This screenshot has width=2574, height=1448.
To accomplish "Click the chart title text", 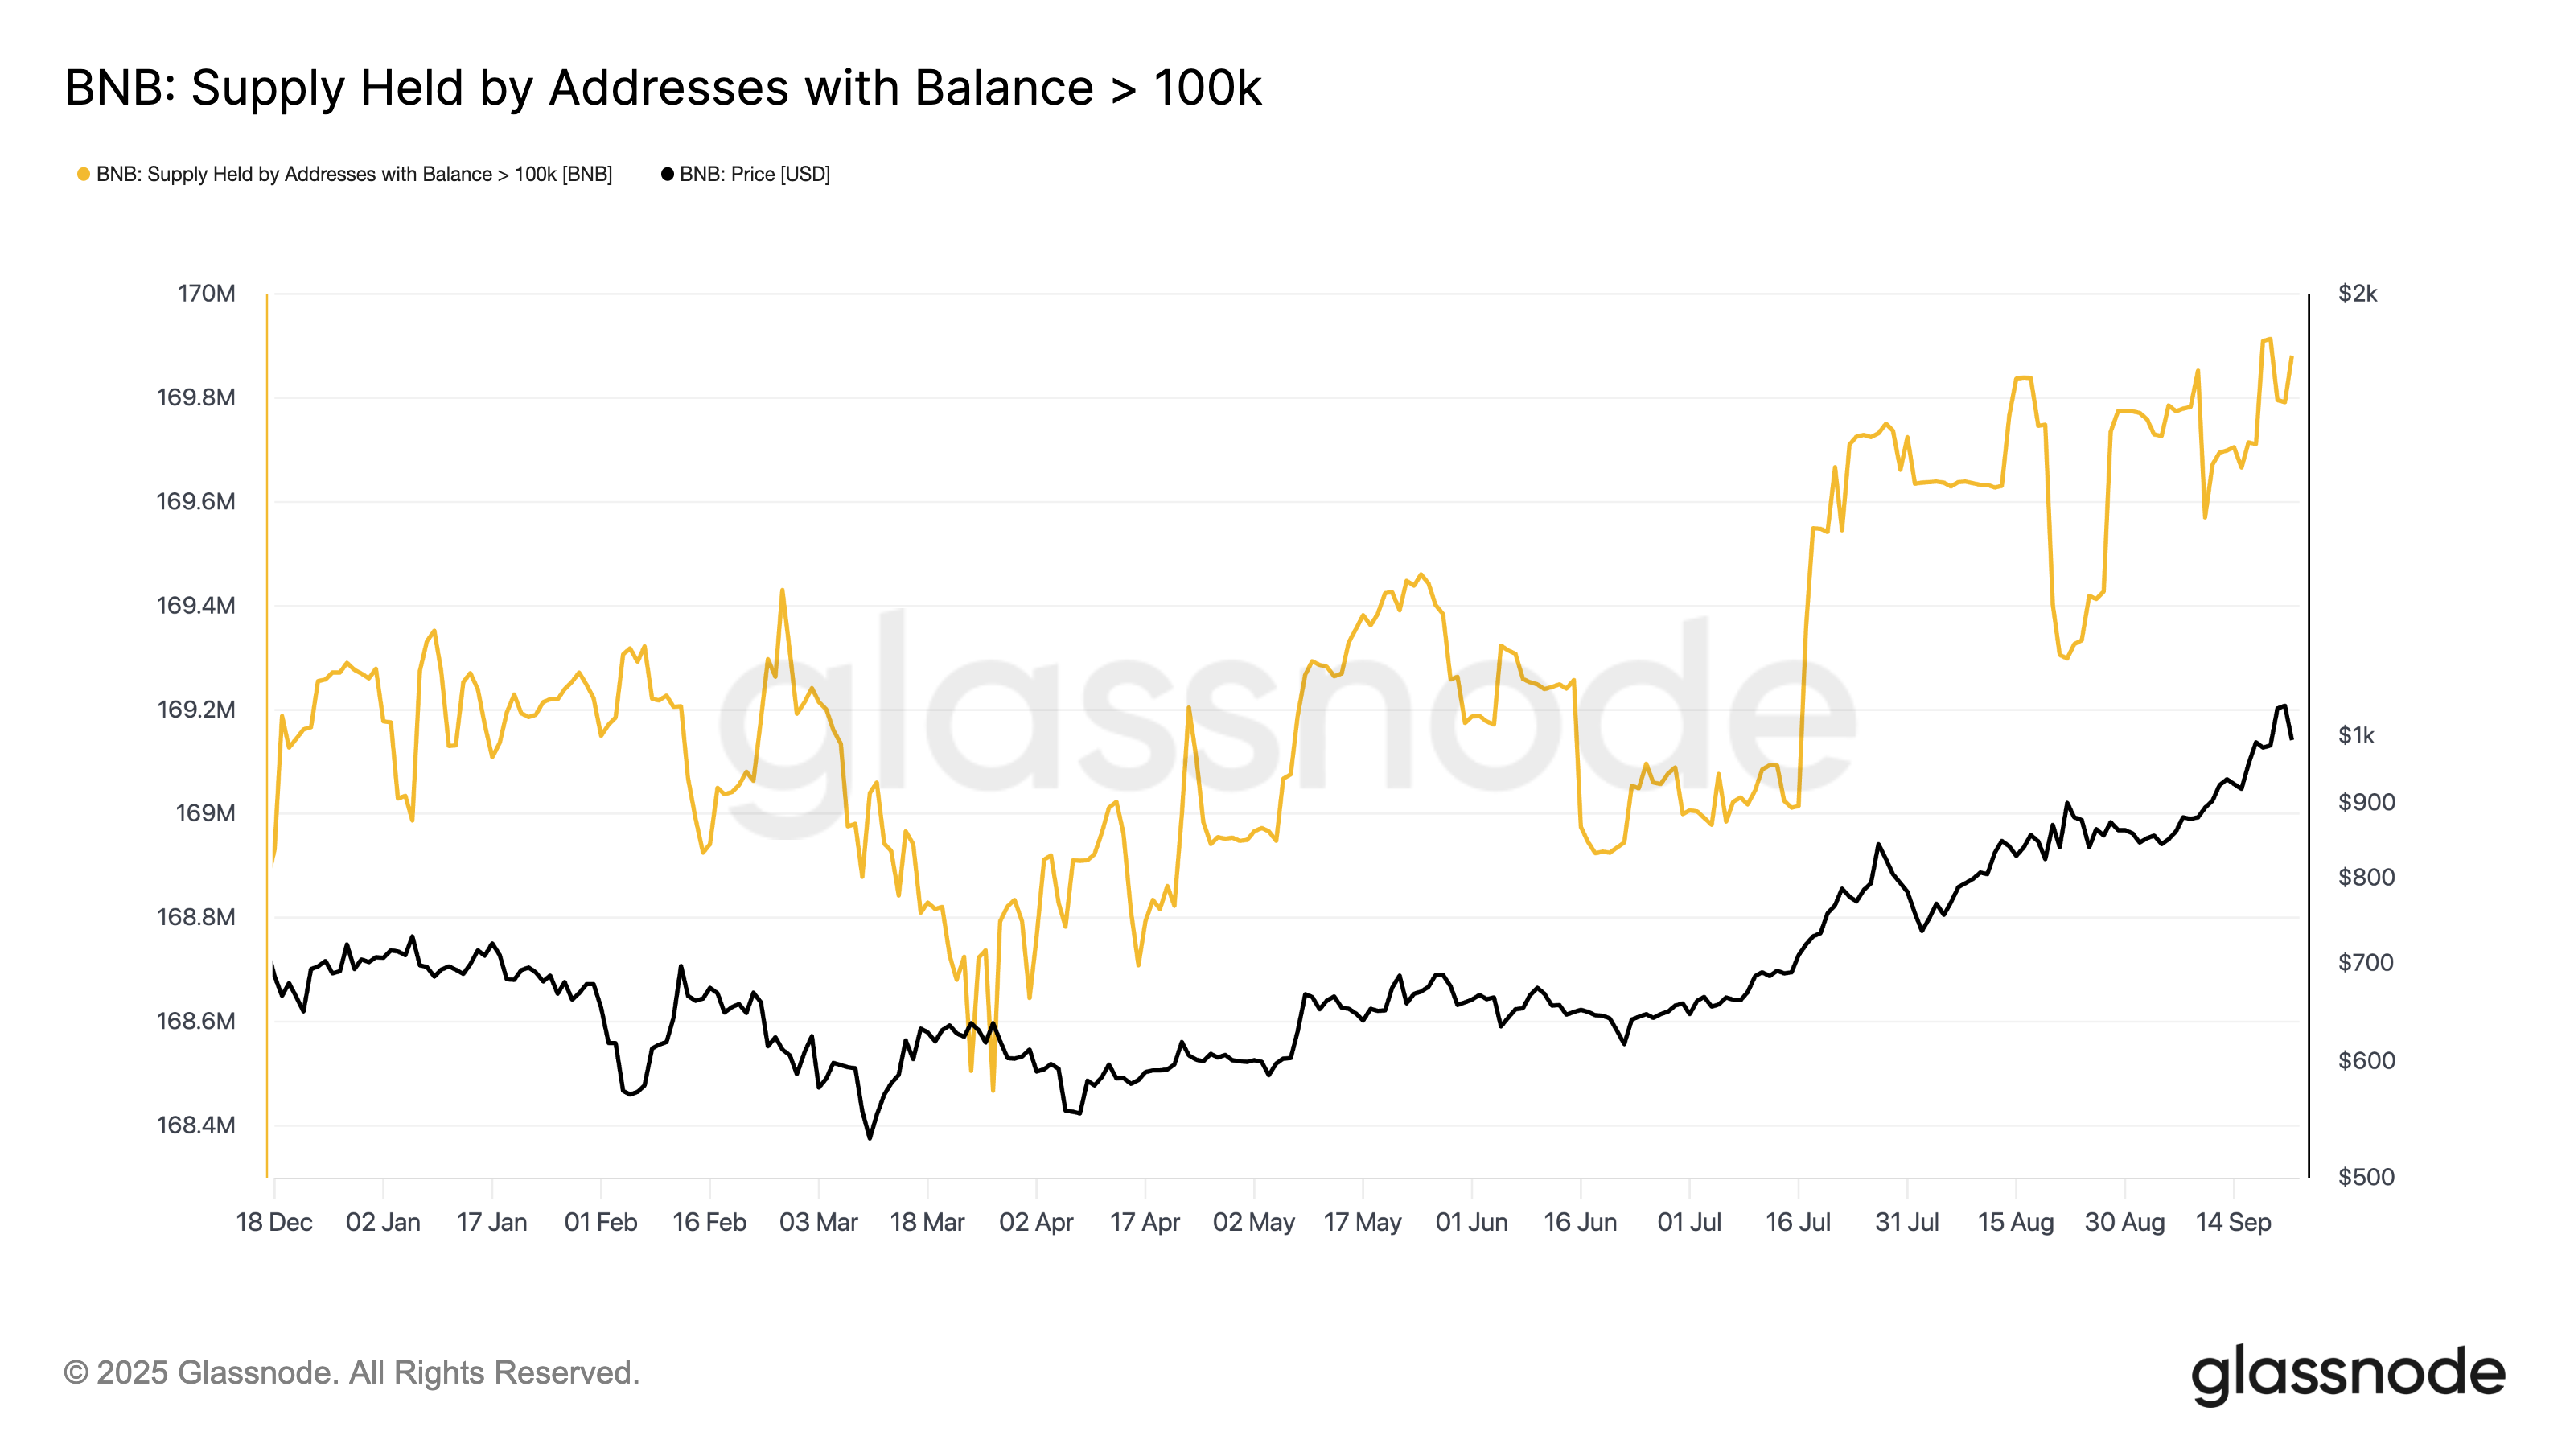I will [663, 88].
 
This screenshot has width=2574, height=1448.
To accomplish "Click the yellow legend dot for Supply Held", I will [84, 174].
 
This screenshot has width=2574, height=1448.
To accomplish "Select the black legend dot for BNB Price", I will [668, 174].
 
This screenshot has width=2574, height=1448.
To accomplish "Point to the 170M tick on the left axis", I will [207, 294].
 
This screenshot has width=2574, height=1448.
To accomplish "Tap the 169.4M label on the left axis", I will [195, 606].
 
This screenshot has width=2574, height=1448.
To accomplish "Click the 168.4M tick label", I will [195, 1125].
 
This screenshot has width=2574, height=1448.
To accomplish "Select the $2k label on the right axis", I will [2357, 294].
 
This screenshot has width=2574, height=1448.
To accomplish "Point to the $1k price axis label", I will [2356, 735].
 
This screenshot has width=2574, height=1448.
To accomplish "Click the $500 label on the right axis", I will [2365, 1177].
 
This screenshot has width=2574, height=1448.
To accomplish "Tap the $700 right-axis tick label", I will [2365, 962].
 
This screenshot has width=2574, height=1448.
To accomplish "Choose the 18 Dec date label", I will [273, 1222].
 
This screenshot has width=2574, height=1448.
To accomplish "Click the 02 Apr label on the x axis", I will [1036, 1222].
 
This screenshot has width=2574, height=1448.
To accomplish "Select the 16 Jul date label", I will [1798, 1222].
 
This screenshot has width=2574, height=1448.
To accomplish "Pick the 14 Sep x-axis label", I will [2233, 1222].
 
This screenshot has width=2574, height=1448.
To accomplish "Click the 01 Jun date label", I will [1471, 1222].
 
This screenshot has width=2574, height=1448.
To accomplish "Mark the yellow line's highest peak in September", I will [2268, 339].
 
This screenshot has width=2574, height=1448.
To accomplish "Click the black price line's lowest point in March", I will [870, 1137].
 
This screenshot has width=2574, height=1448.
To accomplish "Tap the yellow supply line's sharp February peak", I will [783, 590].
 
